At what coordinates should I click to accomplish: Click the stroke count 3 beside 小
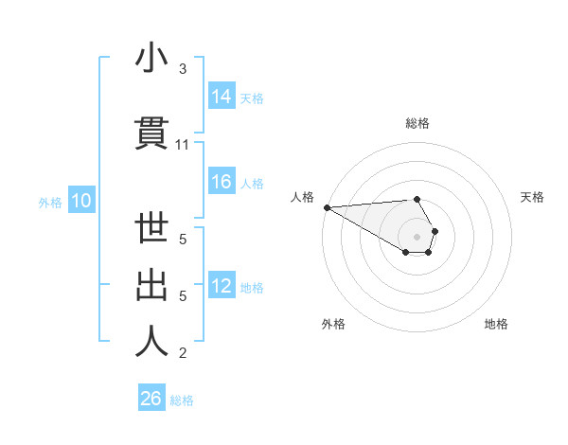[x=183, y=69]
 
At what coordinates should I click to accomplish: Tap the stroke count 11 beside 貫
[x=183, y=145]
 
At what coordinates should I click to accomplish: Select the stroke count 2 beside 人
[x=183, y=353]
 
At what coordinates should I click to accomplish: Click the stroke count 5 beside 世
[x=183, y=240]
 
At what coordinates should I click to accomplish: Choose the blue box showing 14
[x=222, y=97]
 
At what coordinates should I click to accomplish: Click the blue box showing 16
[x=222, y=182]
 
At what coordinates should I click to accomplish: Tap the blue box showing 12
[x=222, y=286]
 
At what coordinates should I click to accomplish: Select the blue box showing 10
[x=80, y=201]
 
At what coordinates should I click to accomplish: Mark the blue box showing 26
[x=151, y=399]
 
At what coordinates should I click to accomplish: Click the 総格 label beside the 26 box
[x=182, y=400]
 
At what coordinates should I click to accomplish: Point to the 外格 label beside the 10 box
[x=50, y=202]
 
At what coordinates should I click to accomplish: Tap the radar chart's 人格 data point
[x=327, y=207]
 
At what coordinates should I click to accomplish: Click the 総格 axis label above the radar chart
[x=417, y=123]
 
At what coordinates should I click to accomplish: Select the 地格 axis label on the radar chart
[x=496, y=324]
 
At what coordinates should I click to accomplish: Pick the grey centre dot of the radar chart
[x=417, y=235]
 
